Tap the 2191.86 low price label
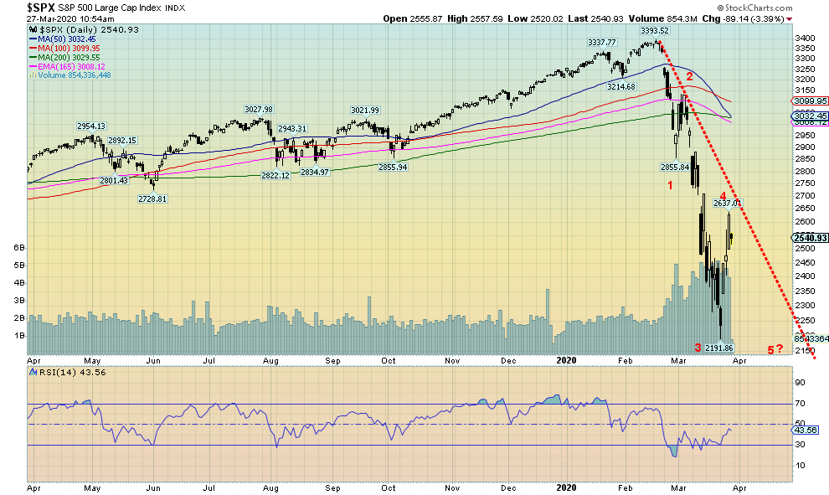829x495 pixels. [718, 348]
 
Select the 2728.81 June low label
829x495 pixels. [153, 199]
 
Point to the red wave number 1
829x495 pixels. [671, 185]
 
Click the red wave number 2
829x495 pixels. [689, 76]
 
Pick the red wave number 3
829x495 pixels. [697, 348]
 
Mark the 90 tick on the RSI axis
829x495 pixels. [800, 382]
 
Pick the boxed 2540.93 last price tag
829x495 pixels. [808, 238]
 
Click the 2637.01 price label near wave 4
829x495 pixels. [727, 203]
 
